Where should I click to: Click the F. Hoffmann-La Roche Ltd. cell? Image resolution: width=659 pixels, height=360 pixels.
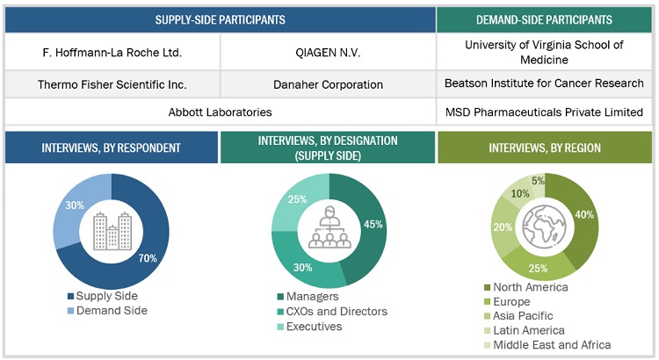pyautogui.click(x=112, y=53)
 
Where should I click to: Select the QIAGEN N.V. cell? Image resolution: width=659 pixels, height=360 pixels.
pyautogui.click(x=328, y=53)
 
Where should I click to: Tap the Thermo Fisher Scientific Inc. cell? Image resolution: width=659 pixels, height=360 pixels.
pyautogui.click(x=112, y=85)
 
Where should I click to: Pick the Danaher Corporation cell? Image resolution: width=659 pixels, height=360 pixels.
pyautogui.click(x=328, y=85)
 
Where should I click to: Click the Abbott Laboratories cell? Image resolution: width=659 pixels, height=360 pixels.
pyautogui.click(x=220, y=112)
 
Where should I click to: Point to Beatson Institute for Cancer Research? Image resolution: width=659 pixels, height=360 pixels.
pyautogui.click(x=545, y=85)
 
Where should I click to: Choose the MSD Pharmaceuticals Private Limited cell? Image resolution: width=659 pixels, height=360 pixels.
pyautogui.click(x=545, y=112)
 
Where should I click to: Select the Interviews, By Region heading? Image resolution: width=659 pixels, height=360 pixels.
pyautogui.click(x=545, y=148)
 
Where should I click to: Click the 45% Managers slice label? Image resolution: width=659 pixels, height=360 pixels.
pyautogui.click(x=373, y=225)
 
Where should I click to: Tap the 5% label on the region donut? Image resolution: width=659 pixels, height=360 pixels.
pyautogui.click(x=537, y=182)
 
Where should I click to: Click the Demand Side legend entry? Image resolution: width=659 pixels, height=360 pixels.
pyautogui.click(x=110, y=310)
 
